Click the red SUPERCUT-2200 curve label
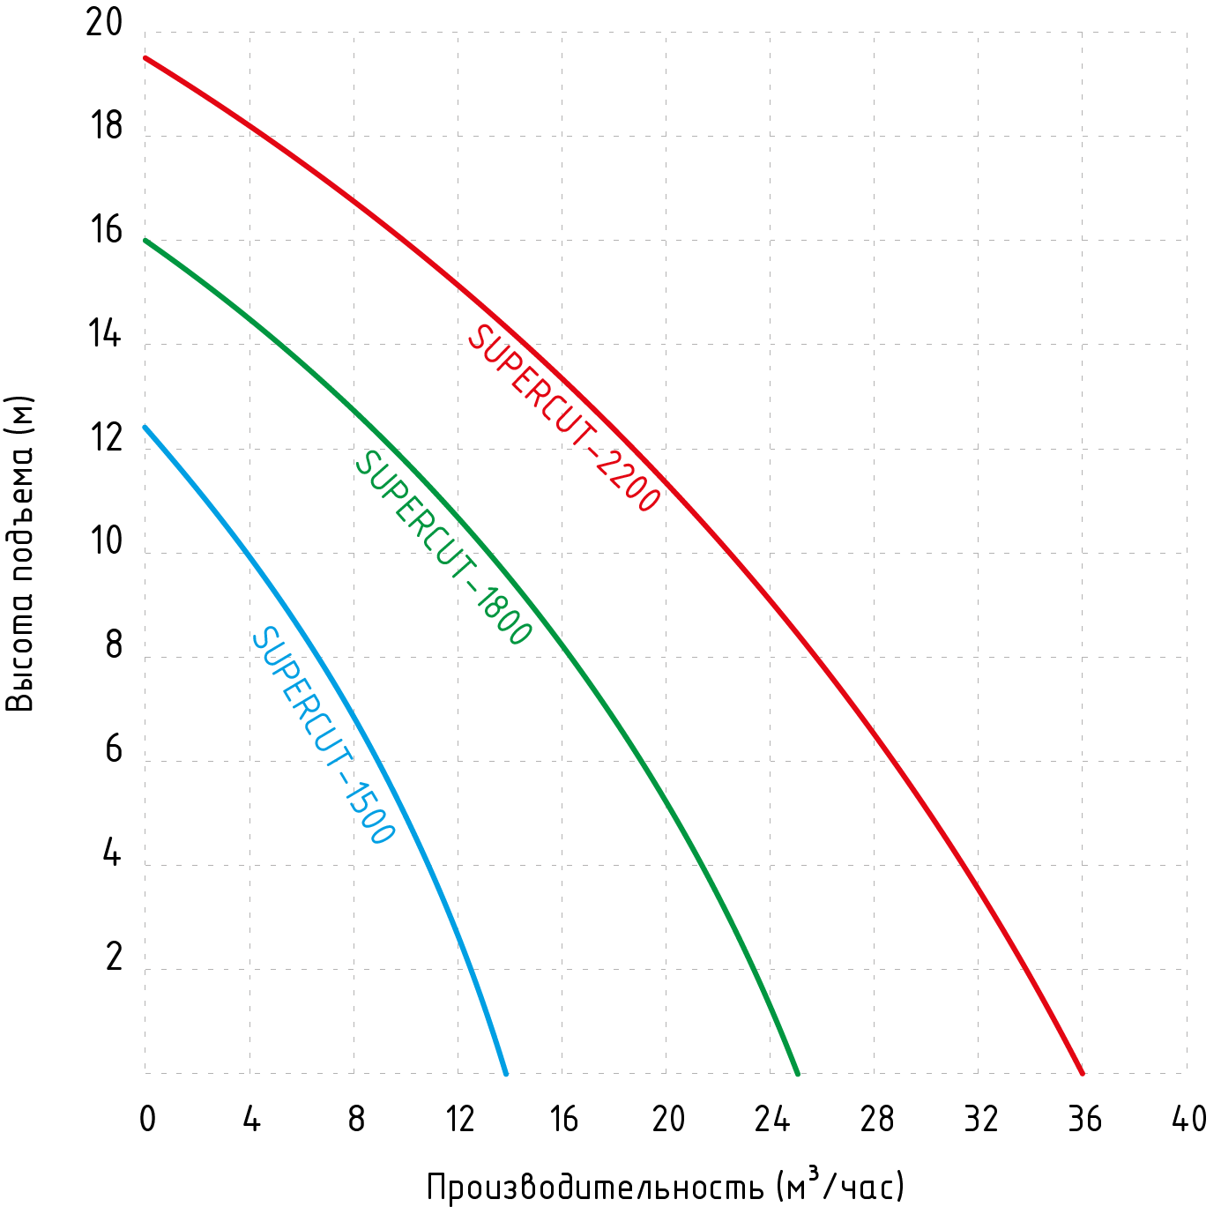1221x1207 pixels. coord(563,418)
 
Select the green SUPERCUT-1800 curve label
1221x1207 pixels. coord(443,548)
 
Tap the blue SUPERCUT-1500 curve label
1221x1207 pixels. coord(323,735)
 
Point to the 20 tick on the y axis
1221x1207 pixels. coord(105,23)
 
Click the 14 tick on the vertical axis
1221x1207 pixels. coord(105,335)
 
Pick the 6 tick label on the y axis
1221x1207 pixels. coord(113,749)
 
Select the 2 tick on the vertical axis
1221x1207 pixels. coord(113,957)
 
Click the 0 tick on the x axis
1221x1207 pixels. coord(147,1119)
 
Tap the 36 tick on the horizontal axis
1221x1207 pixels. coord(1084,1119)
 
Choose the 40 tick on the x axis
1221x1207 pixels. coord(1188,1119)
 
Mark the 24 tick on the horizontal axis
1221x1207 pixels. coord(771,1119)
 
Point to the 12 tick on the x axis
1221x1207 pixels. coord(459,1119)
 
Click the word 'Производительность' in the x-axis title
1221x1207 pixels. coord(595,1187)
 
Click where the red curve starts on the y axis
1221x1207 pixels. coord(145,58)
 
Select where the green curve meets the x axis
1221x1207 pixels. coord(797,1073)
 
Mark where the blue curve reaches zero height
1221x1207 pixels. coord(505,1073)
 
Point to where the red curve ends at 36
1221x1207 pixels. coord(1082,1073)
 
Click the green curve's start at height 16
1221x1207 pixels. coord(145,240)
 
